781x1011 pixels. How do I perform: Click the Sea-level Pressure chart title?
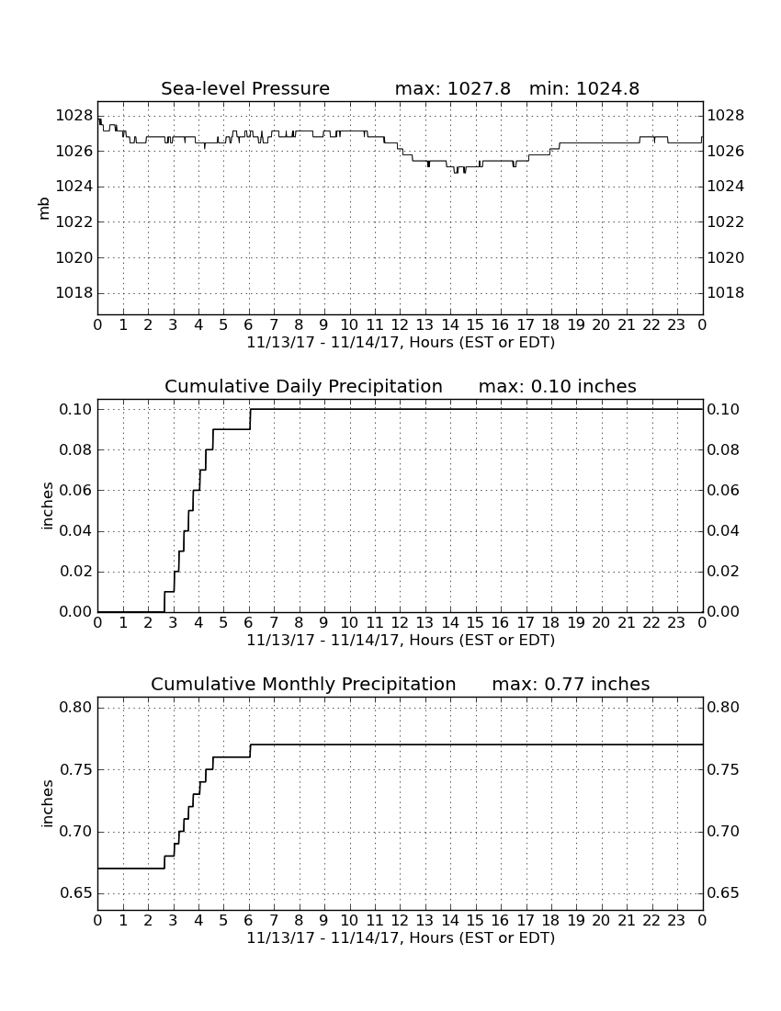pyautogui.click(x=245, y=88)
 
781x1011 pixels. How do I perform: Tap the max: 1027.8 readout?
pyautogui.click(x=452, y=88)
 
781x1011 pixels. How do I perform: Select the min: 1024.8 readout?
pyautogui.click(x=583, y=88)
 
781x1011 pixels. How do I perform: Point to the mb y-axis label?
pyautogui.click(x=44, y=209)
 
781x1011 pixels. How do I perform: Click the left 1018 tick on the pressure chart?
pyautogui.click(x=74, y=292)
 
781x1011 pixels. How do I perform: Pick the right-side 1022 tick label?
pyautogui.click(x=726, y=222)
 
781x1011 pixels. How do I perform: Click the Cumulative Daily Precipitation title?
pyautogui.click(x=303, y=386)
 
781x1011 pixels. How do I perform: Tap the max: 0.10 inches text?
pyautogui.click(x=558, y=386)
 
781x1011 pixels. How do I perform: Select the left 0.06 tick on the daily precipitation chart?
pyautogui.click(x=76, y=490)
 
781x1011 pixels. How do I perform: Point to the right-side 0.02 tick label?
pyautogui.click(x=723, y=572)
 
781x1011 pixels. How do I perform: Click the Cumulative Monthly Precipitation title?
pyautogui.click(x=303, y=684)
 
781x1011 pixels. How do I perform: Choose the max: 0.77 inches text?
pyautogui.click(x=571, y=684)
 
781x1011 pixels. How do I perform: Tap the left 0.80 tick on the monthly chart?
pyautogui.click(x=76, y=708)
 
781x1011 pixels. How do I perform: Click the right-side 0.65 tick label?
pyautogui.click(x=723, y=893)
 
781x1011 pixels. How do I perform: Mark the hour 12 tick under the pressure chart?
pyautogui.click(x=400, y=325)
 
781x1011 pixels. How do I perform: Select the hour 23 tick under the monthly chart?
pyautogui.click(x=676, y=920)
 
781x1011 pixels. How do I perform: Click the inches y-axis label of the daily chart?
pyautogui.click(x=47, y=506)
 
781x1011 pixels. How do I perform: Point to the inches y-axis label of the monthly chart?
pyautogui.click(x=47, y=804)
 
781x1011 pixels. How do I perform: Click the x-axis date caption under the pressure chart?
pyautogui.click(x=401, y=343)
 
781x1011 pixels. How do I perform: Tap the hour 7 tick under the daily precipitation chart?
pyautogui.click(x=274, y=623)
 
